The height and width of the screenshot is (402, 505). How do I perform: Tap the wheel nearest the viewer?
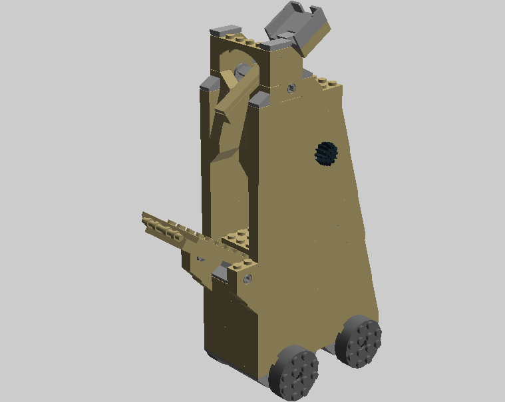click(294, 373)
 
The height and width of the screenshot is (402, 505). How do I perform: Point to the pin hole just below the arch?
click(291, 87)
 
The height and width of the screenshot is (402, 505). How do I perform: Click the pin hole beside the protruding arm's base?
click(248, 277)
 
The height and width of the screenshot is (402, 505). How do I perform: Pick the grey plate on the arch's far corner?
click(225, 31)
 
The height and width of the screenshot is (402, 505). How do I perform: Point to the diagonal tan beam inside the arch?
click(236, 93)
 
